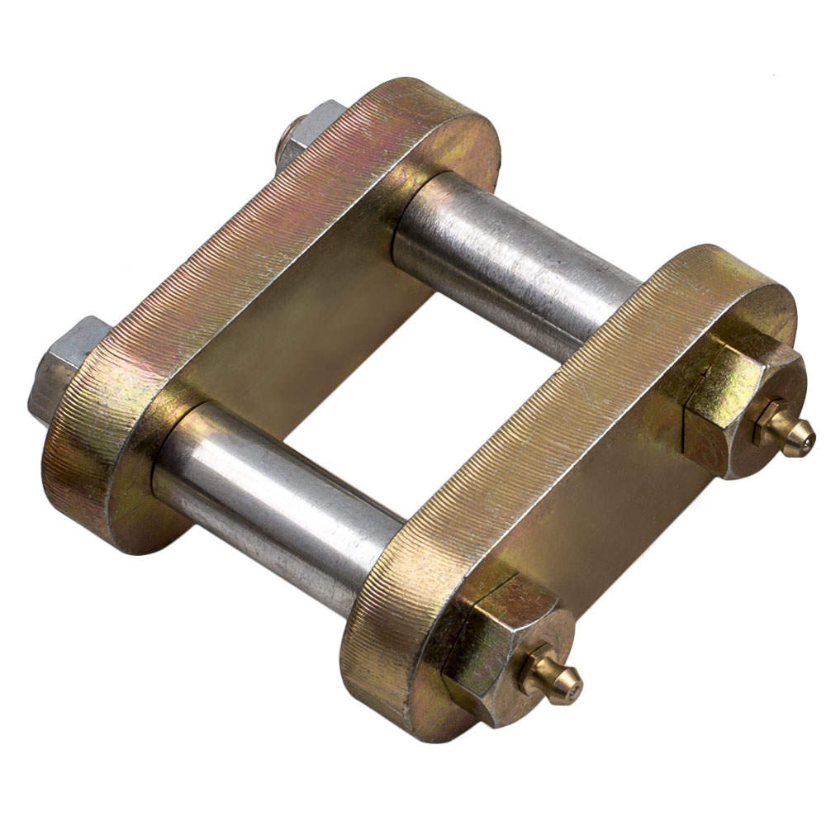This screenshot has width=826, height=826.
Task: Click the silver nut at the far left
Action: (x=62, y=368)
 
